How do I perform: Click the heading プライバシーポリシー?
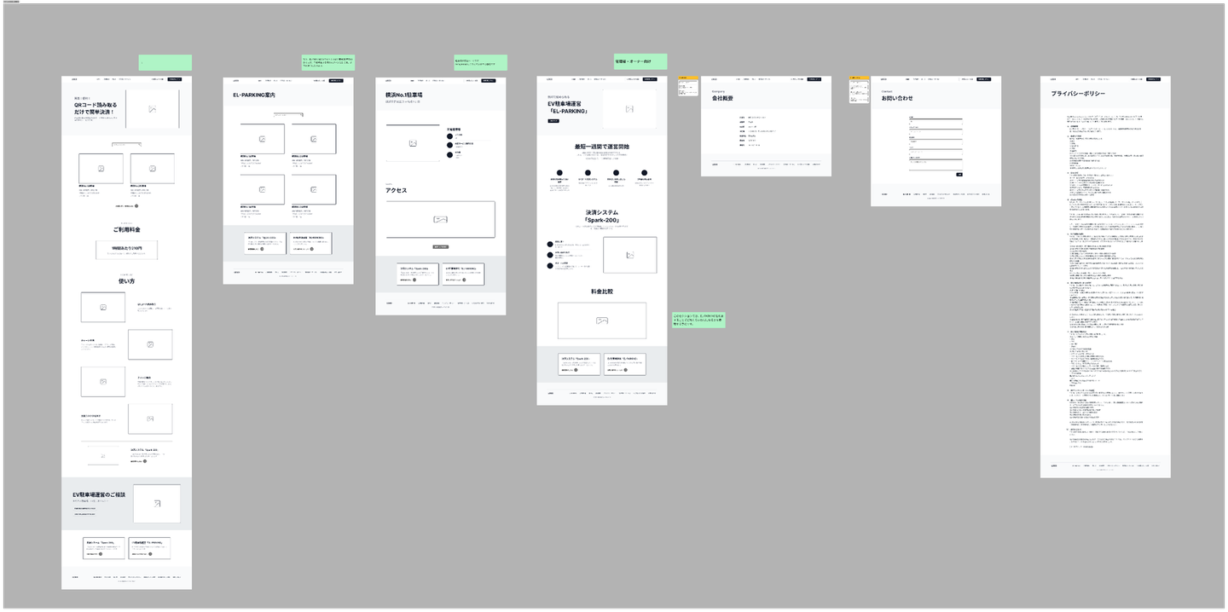(1078, 94)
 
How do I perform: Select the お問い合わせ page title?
(897, 98)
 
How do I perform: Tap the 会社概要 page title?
(722, 98)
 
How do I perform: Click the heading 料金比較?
(601, 292)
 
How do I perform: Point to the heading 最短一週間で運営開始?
(601, 147)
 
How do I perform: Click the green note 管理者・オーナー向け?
(640, 61)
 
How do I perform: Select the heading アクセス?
(396, 190)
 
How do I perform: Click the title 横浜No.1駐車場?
(404, 95)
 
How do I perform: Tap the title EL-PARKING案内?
(254, 95)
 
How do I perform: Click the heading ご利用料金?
(126, 229)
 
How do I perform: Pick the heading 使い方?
(126, 281)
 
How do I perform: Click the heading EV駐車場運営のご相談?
(99, 494)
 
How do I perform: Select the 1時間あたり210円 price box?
(126, 248)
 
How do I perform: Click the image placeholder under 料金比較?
(601, 320)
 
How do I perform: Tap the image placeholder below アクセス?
(440, 220)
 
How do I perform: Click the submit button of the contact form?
(959, 175)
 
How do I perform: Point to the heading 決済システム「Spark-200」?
(601, 216)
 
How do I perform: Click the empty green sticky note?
(165, 62)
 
